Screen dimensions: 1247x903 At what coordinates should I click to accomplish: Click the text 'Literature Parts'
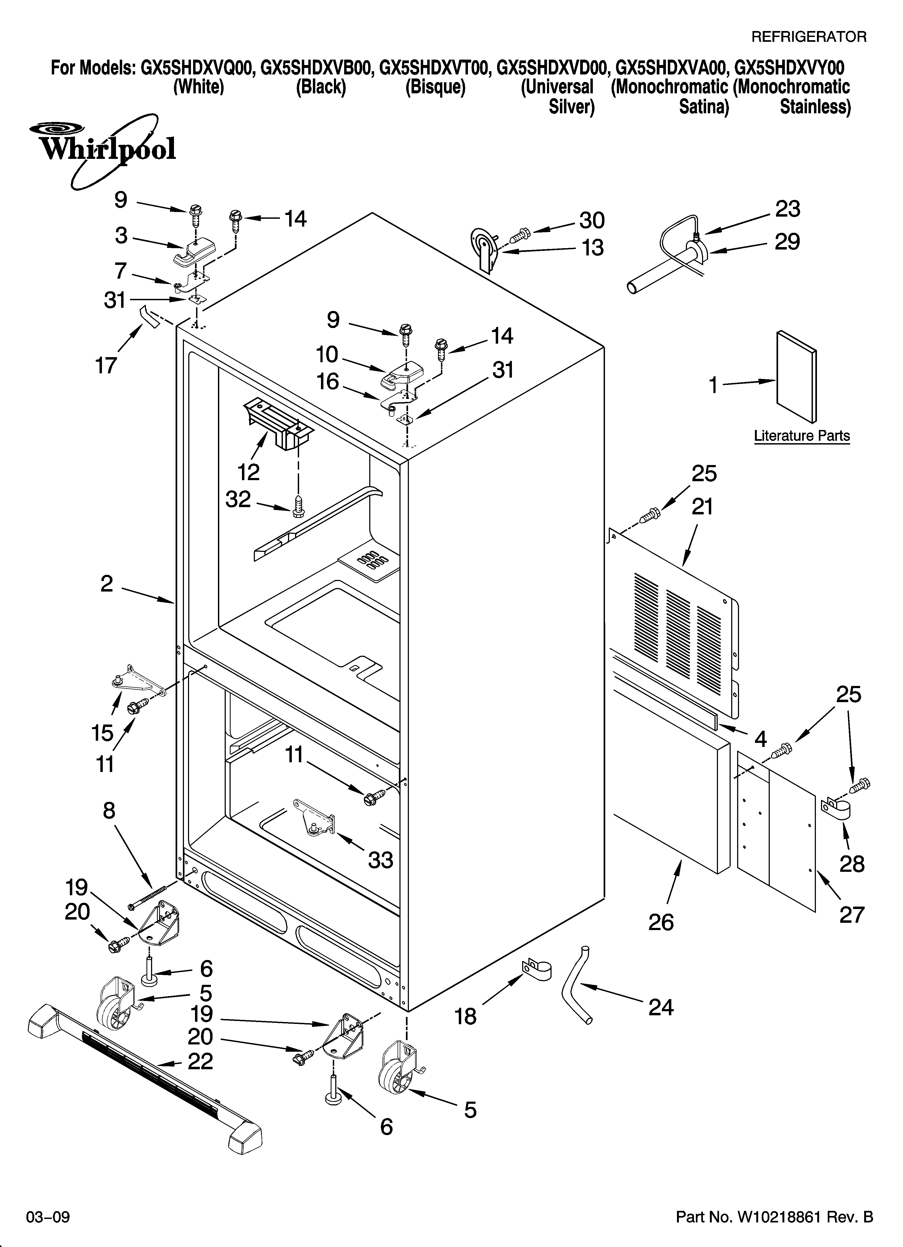pos(801,436)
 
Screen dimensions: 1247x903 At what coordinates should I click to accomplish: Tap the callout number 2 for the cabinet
pos(107,583)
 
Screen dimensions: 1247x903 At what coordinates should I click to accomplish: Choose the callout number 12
pos(249,472)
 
